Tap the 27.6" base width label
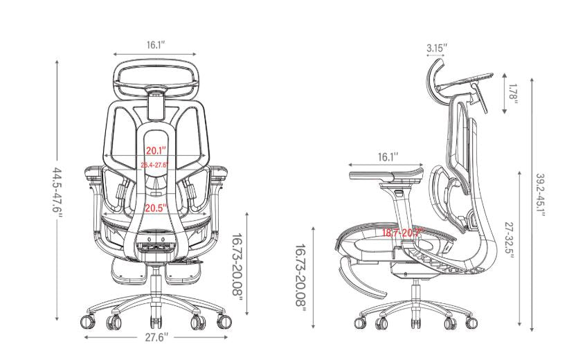156,338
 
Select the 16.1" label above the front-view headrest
156,45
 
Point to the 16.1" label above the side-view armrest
388,157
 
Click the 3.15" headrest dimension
437,48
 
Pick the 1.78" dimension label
512,93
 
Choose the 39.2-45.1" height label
539,194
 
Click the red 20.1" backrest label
155,151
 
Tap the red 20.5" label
155,208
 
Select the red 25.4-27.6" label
155,165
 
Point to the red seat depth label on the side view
402,233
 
